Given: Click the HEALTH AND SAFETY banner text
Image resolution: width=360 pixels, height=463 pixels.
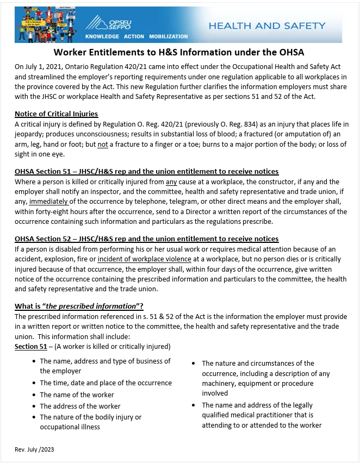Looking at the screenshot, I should [x=266, y=26].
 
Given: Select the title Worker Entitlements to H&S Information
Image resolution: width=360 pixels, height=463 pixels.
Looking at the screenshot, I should [x=179, y=53].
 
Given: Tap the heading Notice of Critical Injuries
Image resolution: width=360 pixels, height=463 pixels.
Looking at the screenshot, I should [x=56, y=114].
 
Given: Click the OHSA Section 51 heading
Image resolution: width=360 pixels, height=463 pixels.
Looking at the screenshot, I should [x=146, y=171].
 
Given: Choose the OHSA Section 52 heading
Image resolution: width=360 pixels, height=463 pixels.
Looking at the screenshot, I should [x=146, y=239].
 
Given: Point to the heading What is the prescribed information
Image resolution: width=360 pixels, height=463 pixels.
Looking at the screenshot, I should [x=79, y=306].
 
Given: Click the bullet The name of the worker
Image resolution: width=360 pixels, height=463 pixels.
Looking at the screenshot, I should [x=77, y=395].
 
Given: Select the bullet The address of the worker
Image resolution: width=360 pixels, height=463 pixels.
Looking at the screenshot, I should [x=80, y=406].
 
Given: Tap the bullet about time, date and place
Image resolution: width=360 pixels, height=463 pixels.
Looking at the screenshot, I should [x=105, y=383].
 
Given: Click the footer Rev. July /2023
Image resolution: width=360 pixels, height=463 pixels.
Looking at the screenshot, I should [x=34, y=449].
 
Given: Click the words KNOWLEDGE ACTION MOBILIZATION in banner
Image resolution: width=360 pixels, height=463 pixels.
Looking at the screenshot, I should [x=136, y=36].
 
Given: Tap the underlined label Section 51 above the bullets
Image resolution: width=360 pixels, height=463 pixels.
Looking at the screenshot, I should [x=30, y=347].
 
